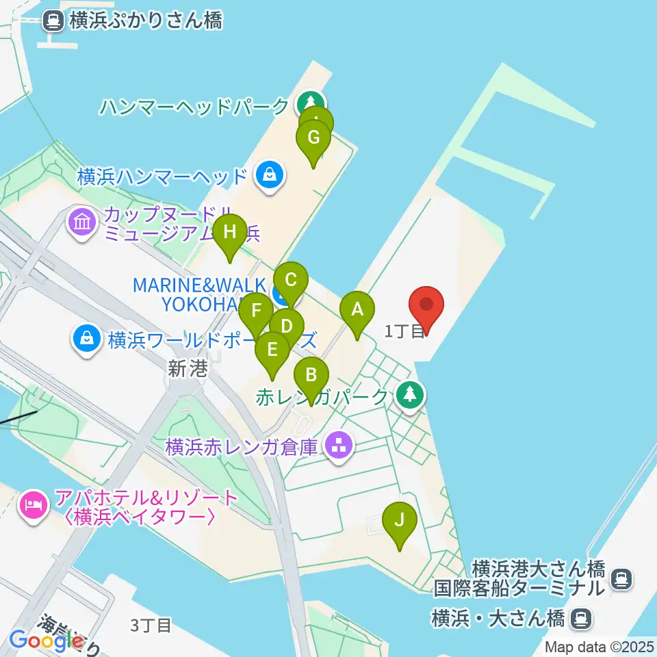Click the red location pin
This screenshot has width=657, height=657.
pos(426,306)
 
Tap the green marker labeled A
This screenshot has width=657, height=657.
pos(357,311)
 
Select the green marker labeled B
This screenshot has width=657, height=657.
pos(311,376)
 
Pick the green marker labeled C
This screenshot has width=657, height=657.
pos(291,281)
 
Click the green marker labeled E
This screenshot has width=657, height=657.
pos(272,351)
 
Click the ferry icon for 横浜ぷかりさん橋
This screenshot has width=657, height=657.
pos(53,21)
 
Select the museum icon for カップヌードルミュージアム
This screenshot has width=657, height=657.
pos(82,222)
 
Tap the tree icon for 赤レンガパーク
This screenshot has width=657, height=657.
pos(410,395)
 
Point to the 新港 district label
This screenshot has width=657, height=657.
pos(188,370)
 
